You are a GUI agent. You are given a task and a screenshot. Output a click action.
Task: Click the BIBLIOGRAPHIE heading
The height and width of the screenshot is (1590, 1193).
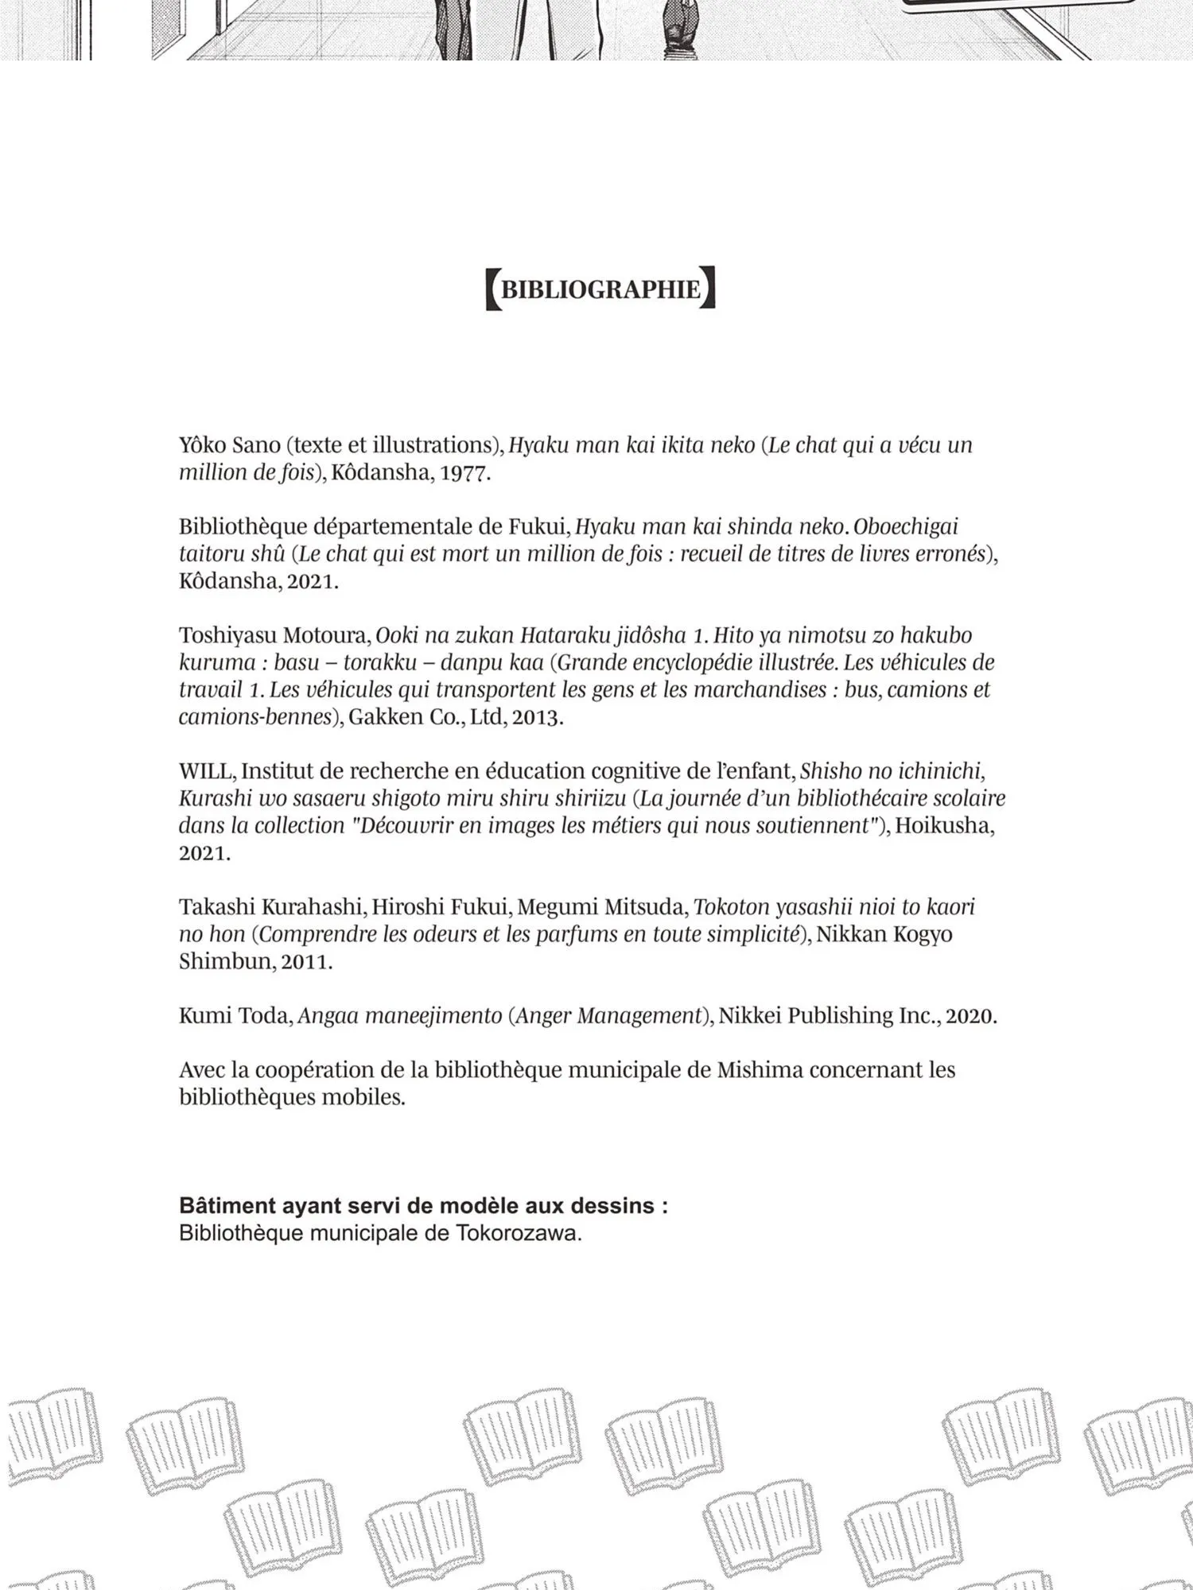[600, 289]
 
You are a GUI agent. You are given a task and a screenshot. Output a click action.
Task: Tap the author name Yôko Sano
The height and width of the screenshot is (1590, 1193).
[230, 445]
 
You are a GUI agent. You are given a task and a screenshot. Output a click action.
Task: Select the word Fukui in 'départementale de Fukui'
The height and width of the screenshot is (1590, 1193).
[537, 526]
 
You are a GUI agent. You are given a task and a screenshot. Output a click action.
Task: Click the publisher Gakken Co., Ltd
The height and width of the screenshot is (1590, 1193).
[426, 717]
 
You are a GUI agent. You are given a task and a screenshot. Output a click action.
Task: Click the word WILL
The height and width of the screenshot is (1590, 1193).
[205, 771]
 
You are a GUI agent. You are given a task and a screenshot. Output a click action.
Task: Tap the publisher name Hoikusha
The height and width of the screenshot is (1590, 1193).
[944, 826]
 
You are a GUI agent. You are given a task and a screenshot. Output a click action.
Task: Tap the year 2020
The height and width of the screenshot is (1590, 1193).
[970, 1016]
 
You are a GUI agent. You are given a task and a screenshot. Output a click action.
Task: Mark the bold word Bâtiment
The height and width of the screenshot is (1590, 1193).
[227, 1206]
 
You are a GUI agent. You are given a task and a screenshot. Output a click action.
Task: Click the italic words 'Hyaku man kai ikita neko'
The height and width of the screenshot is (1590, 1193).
[631, 445]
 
